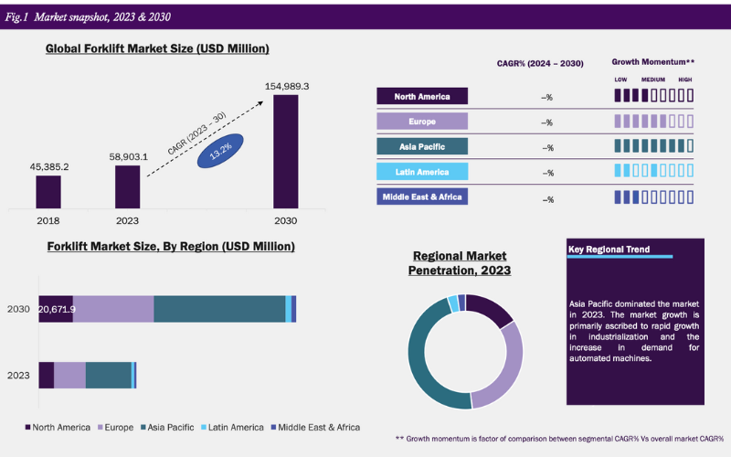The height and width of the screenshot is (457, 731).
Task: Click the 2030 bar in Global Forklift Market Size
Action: pos(285,151)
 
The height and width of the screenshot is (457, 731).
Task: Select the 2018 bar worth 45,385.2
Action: pos(48,191)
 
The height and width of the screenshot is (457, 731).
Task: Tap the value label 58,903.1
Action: pos(128,156)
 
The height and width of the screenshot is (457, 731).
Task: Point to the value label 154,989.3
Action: pos(285,86)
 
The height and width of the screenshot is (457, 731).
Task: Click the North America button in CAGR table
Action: pos(421,96)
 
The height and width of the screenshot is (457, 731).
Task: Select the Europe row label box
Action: pos(421,122)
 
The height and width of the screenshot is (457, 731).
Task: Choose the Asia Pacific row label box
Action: pos(421,146)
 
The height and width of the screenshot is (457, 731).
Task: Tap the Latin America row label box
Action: pos(421,172)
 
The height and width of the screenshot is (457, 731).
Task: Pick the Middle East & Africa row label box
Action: pos(421,197)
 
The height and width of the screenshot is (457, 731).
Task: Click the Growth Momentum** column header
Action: pos(652,62)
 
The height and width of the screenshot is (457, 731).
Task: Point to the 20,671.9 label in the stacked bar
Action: pos(57,309)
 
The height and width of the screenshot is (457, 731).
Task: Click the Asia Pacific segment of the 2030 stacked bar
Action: pos(219,309)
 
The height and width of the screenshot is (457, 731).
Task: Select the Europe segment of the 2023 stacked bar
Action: pos(69,375)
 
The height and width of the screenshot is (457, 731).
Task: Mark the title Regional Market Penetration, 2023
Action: pos(459,263)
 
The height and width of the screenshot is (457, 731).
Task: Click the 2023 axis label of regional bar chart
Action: pos(18,375)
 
